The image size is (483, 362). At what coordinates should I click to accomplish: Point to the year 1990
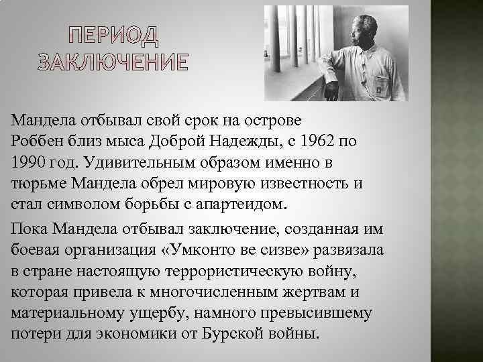pyautogui.click(x=30, y=163)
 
